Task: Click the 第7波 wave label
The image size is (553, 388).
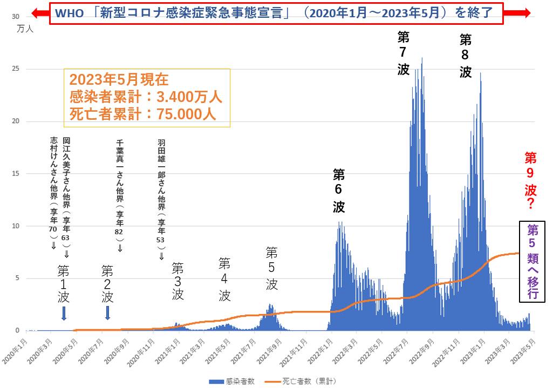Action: [x=404, y=53]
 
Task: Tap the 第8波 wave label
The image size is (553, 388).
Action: [x=466, y=56]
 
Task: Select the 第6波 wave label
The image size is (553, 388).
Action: [x=338, y=190]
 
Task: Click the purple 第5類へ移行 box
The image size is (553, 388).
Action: [x=532, y=261]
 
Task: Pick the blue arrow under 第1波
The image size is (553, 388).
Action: [x=64, y=312]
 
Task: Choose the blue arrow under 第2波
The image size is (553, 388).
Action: [x=107, y=312]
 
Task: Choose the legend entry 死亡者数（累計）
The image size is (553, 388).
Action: [x=308, y=381]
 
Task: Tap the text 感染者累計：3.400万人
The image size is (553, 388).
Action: [x=146, y=98]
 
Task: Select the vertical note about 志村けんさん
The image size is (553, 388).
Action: [x=53, y=192]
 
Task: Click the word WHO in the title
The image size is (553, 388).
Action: [x=70, y=13]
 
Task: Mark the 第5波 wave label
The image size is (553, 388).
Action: [x=271, y=268]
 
